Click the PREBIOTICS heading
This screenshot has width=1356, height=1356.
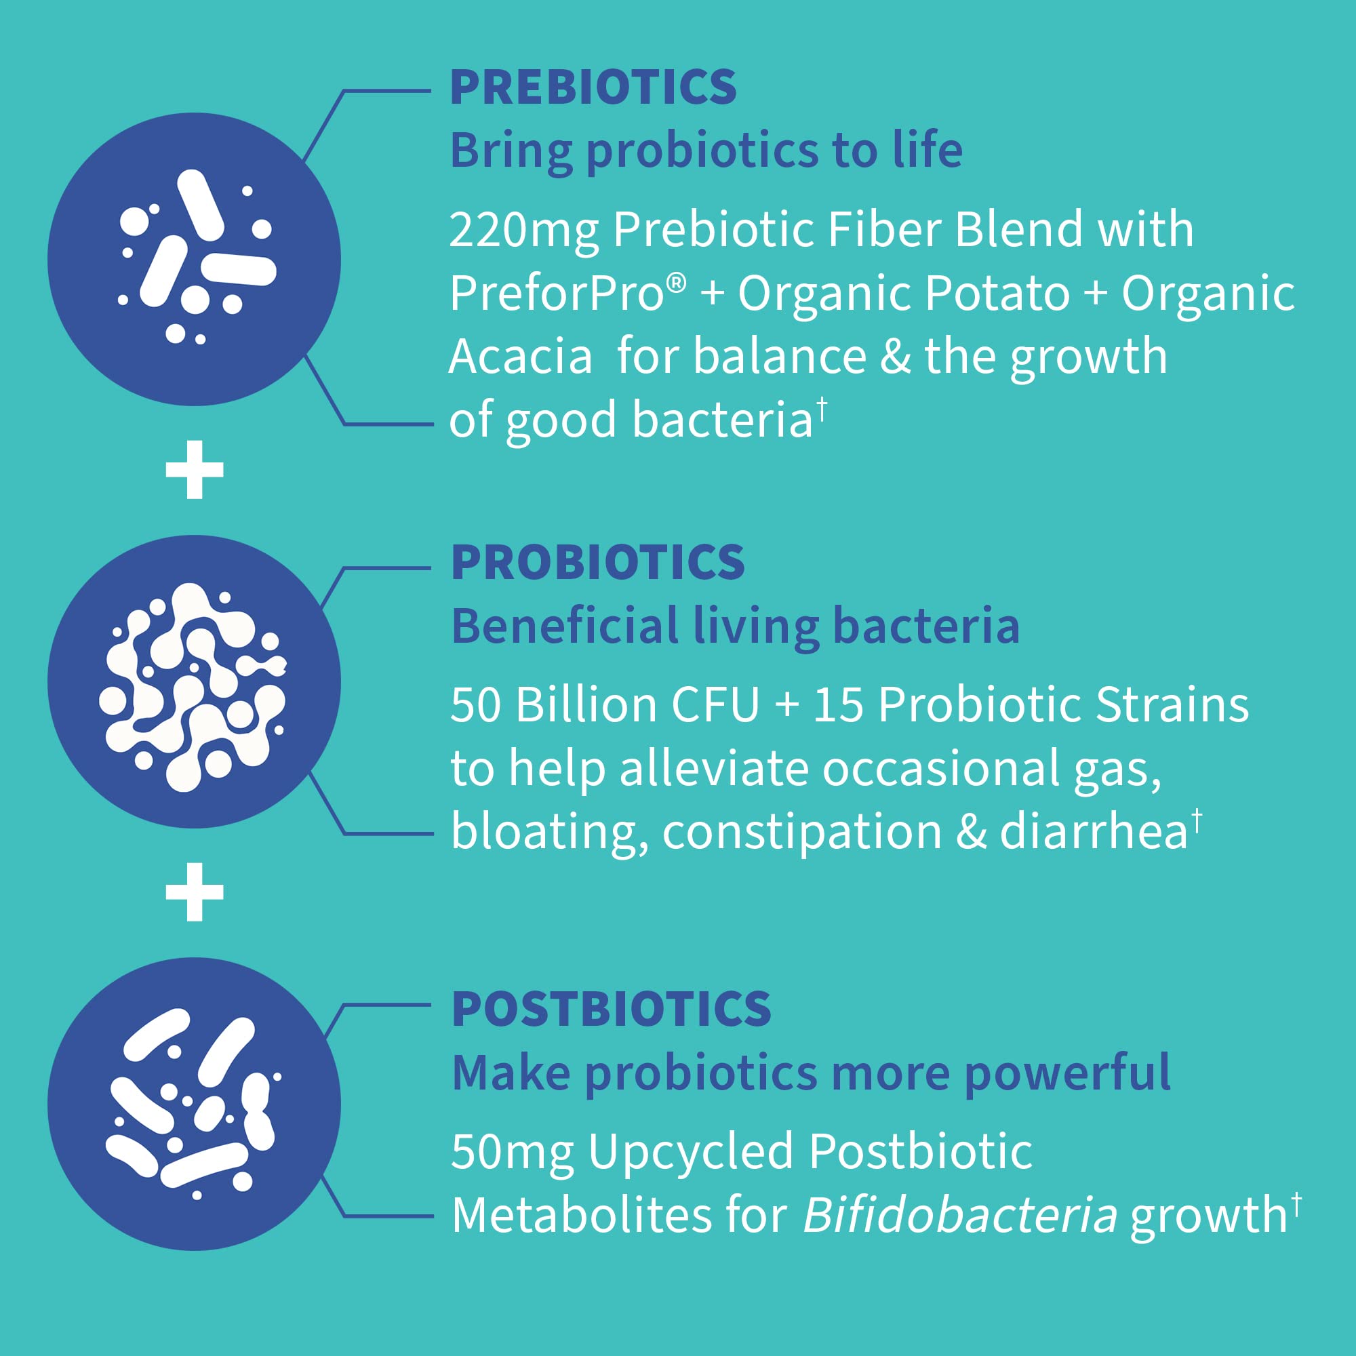[x=593, y=87]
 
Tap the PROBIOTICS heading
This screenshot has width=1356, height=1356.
[x=597, y=563]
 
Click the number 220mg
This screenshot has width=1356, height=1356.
[x=523, y=231]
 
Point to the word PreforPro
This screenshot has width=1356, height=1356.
[x=558, y=293]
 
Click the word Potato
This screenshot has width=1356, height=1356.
[x=997, y=293]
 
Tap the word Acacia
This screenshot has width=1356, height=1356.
[x=520, y=357]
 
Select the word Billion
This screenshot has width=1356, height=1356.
[x=586, y=704]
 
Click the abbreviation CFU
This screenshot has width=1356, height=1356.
[x=715, y=704]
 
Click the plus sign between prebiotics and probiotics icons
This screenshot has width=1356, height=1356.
[x=195, y=470]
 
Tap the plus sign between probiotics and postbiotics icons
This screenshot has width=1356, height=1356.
[x=195, y=892]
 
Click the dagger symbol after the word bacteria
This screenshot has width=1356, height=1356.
[x=822, y=406]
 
